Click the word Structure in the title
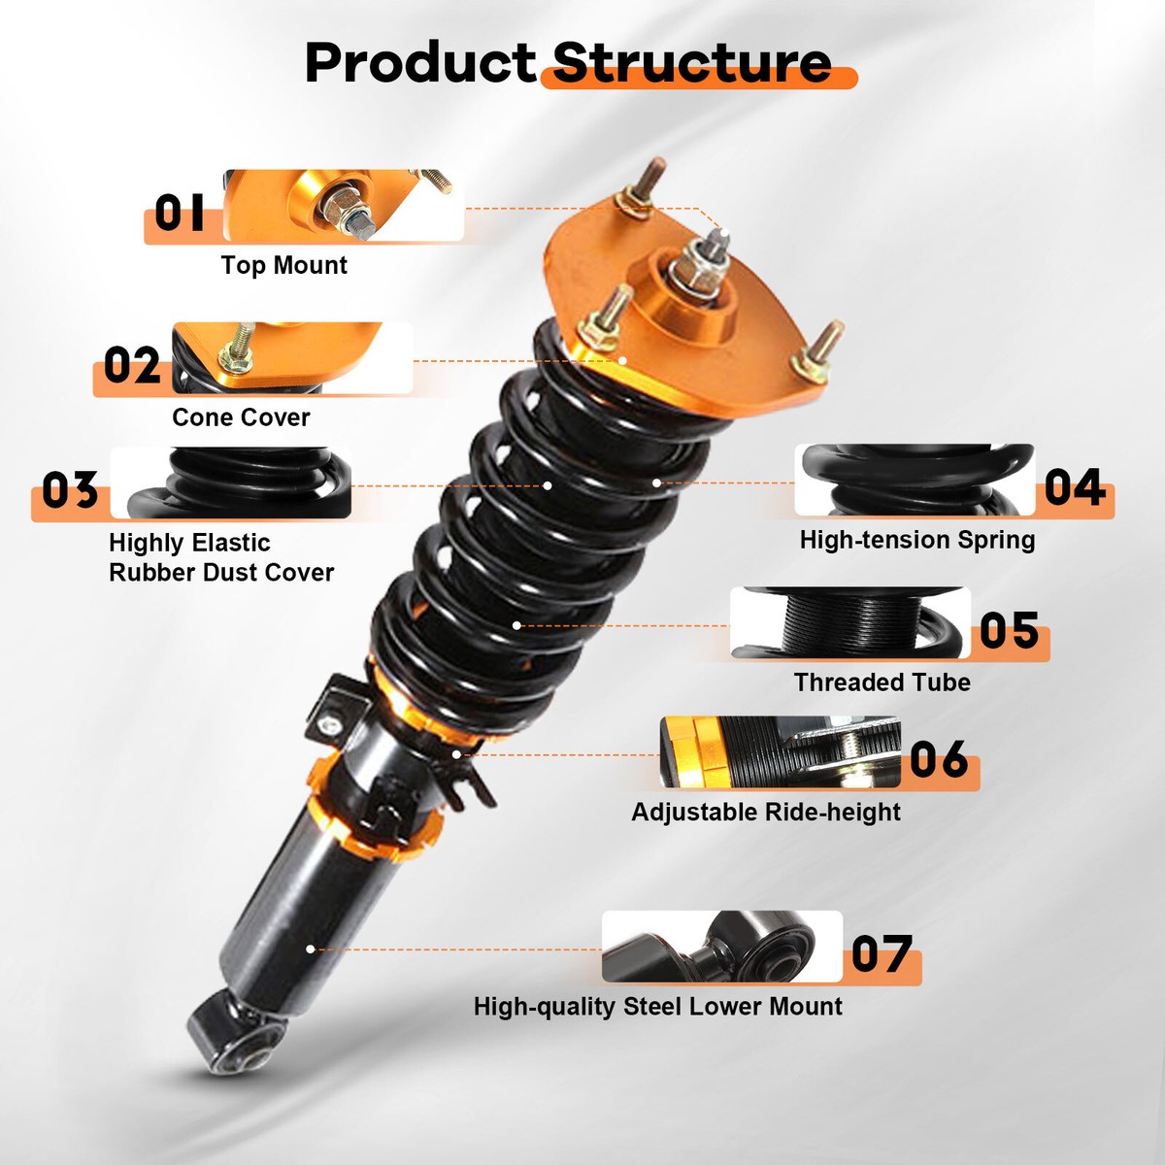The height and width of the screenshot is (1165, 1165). click(x=692, y=63)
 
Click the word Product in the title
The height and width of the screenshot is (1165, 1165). click(x=420, y=63)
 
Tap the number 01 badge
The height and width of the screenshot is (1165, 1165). click(x=181, y=213)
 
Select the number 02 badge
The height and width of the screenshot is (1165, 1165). click(x=132, y=366)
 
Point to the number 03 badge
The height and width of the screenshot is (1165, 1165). click(x=70, y=490)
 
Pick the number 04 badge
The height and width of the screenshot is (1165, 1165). click(x=1075, y=488)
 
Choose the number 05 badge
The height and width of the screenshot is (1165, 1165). click(x=1009, y=631)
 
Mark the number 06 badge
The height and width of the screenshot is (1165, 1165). click(x=939, y=760)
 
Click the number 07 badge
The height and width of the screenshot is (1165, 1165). click(x=882, y=954)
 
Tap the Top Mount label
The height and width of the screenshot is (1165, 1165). click(x=283, y=265)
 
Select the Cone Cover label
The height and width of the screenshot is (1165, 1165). click(x=241, y=417)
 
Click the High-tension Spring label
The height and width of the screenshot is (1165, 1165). click(x=917, y=540)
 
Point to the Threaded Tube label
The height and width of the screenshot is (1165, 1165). click(x=882, y=682)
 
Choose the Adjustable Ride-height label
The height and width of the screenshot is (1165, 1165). click(x=766, y=812)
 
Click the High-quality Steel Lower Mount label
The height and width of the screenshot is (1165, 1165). click(x=657, y=1007)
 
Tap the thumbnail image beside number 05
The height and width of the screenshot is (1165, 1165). click(x=850, y=623)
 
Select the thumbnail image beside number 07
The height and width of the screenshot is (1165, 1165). click(x=721, y=947)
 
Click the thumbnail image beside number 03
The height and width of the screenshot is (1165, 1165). click(x=230, y=483)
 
